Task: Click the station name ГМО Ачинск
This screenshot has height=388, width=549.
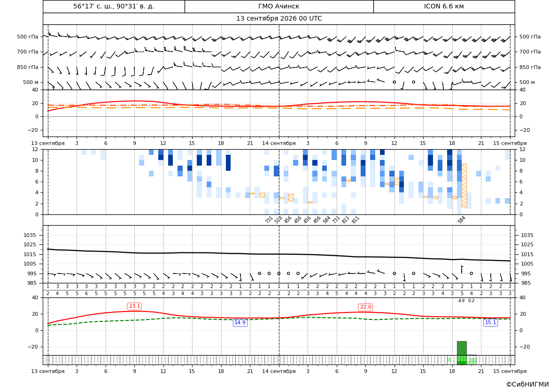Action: tap(278, 6)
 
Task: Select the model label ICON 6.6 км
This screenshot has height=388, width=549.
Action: tap(444, 6)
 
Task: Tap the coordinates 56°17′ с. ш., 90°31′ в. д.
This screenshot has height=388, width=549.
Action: tap(114, 6)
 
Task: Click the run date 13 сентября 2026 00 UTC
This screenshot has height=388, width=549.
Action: tap(278, 19)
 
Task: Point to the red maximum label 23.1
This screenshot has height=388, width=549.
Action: tap(134, 306)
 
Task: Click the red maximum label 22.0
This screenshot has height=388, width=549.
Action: tap(365, 307)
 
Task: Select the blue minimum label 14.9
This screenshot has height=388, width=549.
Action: tap(240, 322)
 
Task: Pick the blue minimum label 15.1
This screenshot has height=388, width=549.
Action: tap(490, 322)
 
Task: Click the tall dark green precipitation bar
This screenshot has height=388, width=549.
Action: tap(462, 348)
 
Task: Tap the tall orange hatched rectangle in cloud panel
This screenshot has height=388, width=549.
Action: tap(464, 185)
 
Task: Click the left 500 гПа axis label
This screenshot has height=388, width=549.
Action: tap(28, 37)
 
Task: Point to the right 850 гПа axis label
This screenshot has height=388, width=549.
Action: tap(530, 67)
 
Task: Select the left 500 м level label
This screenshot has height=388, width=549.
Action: tap(31, 82)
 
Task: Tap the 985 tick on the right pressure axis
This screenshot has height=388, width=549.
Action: tap(527, 283)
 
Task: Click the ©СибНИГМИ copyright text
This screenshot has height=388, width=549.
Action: tap(527, 384)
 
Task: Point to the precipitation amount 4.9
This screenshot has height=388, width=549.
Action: tap(462, 301)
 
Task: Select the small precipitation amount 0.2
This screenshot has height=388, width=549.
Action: tap(471, 301)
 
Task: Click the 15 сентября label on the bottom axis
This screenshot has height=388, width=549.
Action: tap(510, 371)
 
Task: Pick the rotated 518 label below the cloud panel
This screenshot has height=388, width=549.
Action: tap(278, 220)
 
